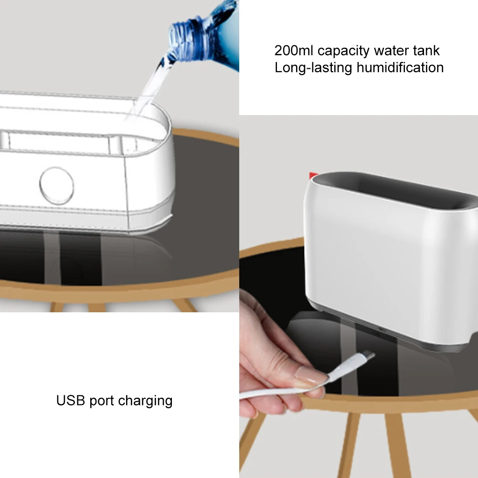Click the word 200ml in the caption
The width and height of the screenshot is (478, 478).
(x=294, y=51)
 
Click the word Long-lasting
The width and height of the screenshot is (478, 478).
(x=313, y=68)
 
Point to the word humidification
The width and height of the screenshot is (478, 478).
(x=400, y=67)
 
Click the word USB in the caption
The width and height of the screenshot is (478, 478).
(x=70, y=401)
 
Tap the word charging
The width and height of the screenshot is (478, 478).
(x=145, y=402)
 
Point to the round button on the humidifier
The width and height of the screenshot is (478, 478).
(x=57, y=186)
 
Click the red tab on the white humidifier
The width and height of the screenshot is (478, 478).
(x=313, y=176)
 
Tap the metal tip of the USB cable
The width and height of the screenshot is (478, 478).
(x=369, y=355)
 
